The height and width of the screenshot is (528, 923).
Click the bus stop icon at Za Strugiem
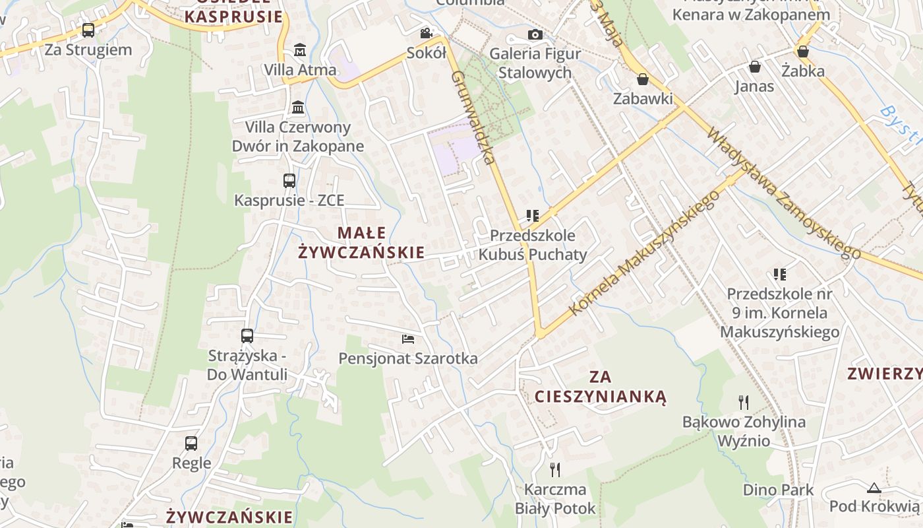88,30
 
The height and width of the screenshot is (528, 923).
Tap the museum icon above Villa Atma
300,49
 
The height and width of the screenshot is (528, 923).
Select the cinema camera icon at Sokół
427,33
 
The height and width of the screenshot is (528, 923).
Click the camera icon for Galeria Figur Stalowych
535,34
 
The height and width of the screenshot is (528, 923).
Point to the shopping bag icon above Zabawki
643,79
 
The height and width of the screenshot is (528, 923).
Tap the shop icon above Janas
754,67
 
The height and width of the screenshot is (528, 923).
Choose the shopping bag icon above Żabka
803,51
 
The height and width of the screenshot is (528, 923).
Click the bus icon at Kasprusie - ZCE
289,180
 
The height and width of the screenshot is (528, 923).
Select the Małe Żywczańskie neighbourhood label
362,242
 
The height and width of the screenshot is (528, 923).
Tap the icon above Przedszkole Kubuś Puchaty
533,215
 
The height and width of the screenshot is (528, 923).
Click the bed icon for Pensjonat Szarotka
408,339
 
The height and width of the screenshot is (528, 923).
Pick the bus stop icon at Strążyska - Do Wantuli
247,335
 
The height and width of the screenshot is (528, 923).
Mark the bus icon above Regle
191,443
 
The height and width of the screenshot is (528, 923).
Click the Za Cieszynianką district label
601,387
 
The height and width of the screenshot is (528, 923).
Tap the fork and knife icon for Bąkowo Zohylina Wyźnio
744,402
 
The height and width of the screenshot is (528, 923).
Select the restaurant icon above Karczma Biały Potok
555,469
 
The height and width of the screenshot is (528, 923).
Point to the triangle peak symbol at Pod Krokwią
874,488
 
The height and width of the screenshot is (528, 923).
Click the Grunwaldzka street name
473,117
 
